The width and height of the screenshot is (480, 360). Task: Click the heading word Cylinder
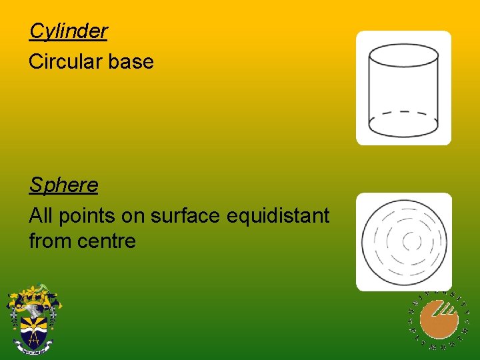tap(68, 31)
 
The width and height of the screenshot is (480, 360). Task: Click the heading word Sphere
tap(63, 185)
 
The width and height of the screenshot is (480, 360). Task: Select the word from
tap(50, 241)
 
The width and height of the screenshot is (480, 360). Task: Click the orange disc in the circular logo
tap(441, 319)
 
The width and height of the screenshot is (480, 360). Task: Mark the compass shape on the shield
tap(32, 338)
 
